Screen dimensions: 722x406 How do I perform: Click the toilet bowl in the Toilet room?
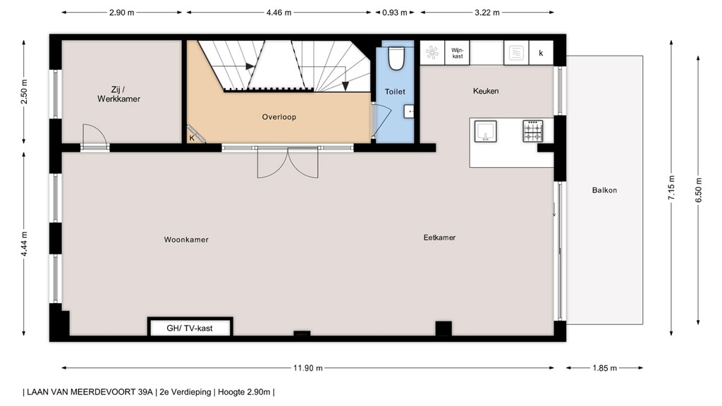click(396, 59)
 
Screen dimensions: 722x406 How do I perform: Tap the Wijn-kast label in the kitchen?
click(457, 54)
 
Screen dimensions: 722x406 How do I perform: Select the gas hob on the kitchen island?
click(533, 130)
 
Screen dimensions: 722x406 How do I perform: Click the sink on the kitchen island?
click(485, 131)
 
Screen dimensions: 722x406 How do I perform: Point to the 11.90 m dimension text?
click(308, 368)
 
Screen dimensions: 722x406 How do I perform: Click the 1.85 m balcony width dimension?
click(604, 368)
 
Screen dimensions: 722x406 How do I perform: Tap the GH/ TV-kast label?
click(190, 328)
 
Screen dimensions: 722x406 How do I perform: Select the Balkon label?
click(604, 190)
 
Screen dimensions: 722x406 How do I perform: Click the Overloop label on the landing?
click(279, 117)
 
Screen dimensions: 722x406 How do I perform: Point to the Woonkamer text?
click(186, 240)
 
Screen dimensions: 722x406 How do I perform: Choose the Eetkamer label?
click(440, 238)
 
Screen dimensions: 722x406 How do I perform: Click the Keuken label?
click(486, 91)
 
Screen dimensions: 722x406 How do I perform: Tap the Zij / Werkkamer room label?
click(118, 94)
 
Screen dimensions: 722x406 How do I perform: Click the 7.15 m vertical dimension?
click(672, 187)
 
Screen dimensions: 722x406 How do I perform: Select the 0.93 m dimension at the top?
click(395, 13)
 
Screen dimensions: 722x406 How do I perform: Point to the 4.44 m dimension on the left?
click(24, 244)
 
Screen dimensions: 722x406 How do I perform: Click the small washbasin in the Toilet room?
click(409, 111)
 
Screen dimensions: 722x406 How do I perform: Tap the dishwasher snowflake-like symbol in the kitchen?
click(432, 53)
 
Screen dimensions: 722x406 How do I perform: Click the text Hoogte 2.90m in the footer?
click(244, 392)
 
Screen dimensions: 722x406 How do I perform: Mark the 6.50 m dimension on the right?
click(699, 190)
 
